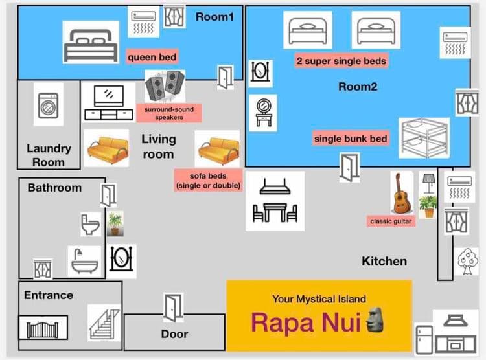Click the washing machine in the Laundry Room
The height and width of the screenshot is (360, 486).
pyautogui.click(x=48, y=106)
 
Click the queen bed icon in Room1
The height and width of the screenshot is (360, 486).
pyautogui.click(x=91, y=42)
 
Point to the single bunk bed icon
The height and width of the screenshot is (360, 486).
pyautogui.click(x=424, y=138)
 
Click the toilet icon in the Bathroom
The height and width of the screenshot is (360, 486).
pyautogui.click(x=90, y=224)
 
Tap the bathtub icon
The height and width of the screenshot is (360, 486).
pyautogui.click(x=85, y=261)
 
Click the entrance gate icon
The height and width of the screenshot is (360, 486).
pyautogui.click(x=43, y=328)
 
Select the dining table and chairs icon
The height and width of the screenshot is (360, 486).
pyautogui.click(x=275, y=201)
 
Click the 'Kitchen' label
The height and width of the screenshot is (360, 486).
pyautogui.click(x=384, y=261)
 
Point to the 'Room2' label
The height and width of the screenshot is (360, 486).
pyautogui.click(x=358, y=87)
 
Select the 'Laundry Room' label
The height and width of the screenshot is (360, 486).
pyautogui.click(x=49, y=155)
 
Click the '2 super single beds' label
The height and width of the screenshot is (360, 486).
pyautogui.click(x=341, y=61)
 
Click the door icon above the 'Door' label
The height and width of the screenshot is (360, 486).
pyautogui.click(x=173, y=306)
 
